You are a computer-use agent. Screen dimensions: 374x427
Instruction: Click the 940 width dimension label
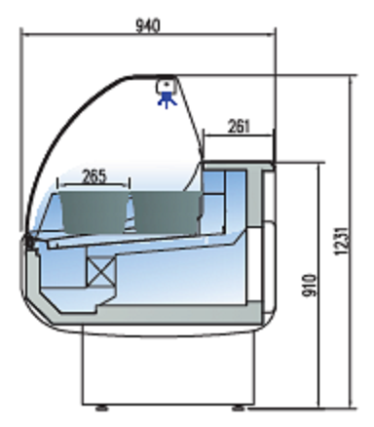(148, 25)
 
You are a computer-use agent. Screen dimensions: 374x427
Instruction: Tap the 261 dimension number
(240, 126)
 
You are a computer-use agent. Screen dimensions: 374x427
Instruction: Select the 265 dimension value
(94, 176)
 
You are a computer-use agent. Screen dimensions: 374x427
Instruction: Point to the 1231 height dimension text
(342, 241)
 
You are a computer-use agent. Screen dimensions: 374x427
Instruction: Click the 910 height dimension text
(310, 286)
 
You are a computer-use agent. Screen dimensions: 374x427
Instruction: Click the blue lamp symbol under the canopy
(168, 99)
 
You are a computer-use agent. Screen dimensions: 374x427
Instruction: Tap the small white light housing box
(166, 86)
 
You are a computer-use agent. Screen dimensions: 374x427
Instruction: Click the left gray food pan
(94, 212)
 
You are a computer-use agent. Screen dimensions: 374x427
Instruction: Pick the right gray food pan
(167, 212)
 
